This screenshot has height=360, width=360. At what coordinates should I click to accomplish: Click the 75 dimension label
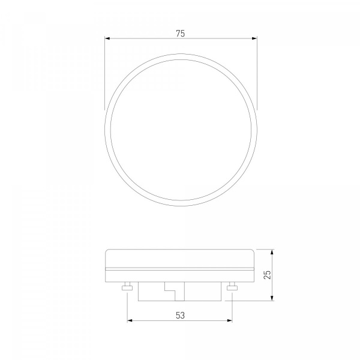[x=181, y=34]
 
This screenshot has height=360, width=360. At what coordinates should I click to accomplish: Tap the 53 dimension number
[x=180, y=316]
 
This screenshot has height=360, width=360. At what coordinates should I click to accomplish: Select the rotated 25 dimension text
[x=267, y=275]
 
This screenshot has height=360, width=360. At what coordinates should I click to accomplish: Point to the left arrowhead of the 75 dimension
[x=107, y=38]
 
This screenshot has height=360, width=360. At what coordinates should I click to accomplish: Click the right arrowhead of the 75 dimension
[x=254, y=38]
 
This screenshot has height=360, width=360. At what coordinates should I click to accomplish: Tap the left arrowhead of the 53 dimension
[x=130, y=320]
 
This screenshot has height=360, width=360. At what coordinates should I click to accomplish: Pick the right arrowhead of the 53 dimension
[x=229, y=320]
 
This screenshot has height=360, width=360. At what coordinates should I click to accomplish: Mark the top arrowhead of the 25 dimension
[x=272, y=252]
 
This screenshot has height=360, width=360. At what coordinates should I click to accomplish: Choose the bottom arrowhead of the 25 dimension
[x=272, y=298]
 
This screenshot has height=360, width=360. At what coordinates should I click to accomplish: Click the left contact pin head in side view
[x=127, y=288]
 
